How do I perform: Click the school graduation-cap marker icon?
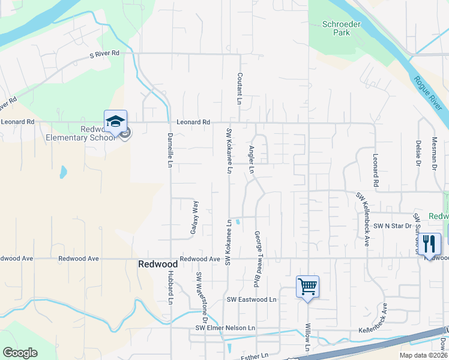point(115,121)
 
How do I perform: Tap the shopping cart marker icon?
point(307,287)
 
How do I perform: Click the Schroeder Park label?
point(336,28)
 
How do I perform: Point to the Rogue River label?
point(428,94)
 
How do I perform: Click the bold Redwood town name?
point(158,264)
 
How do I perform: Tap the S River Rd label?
point(104,53)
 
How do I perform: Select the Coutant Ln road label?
point(239,89)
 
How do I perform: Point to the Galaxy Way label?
point(194,217)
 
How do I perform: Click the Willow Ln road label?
point(307,338)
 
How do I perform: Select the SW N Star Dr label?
point(393,226)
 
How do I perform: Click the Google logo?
point(20,353)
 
